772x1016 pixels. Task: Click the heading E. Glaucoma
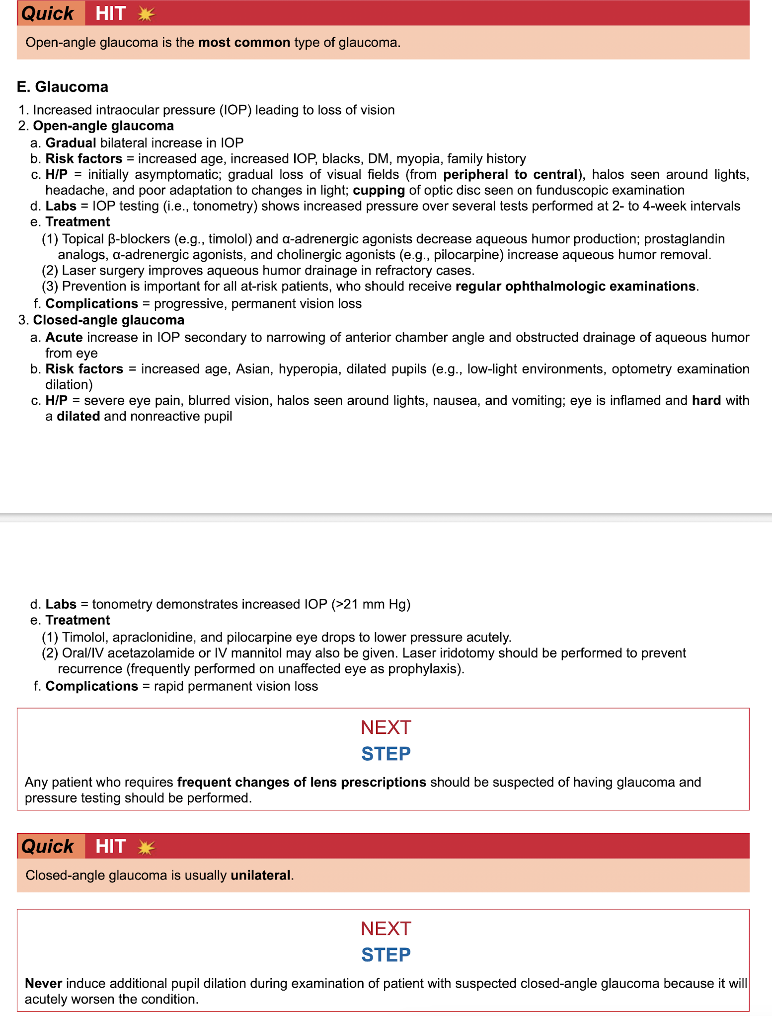point(63,87)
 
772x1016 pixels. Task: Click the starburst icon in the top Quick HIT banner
point(146,14)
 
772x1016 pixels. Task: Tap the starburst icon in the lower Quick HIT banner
point(146,847)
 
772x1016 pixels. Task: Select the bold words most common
point(244,43)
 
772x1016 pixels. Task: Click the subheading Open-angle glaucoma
point(103,126)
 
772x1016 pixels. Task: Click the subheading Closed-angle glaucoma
point(108,320)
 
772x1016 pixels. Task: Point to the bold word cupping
point(379,191)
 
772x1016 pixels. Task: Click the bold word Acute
point(64,338)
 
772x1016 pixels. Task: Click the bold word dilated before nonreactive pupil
point(78,417)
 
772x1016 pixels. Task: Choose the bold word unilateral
point(260,875)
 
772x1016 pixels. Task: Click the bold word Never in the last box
point(43,984)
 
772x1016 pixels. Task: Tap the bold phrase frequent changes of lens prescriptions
point(302,783)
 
